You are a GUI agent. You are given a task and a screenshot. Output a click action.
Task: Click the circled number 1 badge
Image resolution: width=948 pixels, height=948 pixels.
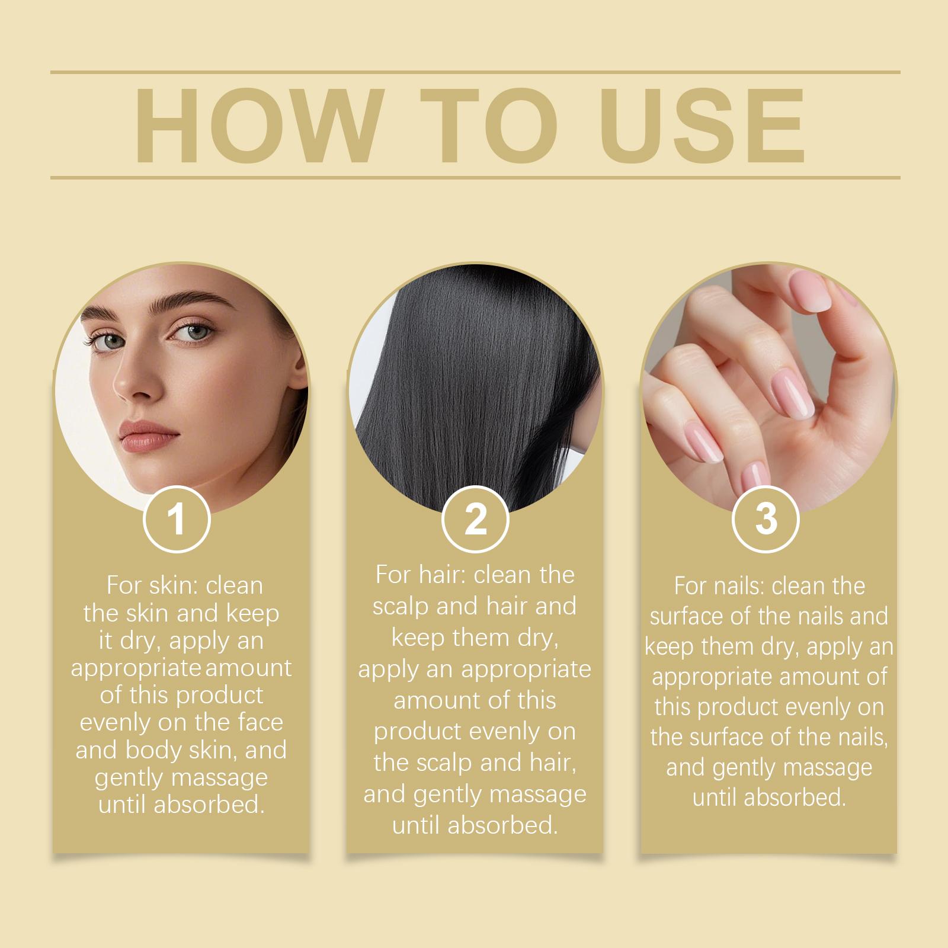(x=177, y=519)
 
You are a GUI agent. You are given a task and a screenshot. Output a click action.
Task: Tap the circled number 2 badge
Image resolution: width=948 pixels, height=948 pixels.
(x=475, y=519)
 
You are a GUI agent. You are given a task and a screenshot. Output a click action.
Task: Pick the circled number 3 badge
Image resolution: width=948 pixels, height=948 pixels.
(x=766, y=519)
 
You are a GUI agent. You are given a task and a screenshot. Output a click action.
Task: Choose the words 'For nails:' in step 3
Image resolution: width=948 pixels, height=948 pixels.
(x=718, y=587)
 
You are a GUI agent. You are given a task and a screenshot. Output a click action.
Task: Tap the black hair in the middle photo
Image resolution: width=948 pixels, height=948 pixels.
(x=474, y=385)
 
